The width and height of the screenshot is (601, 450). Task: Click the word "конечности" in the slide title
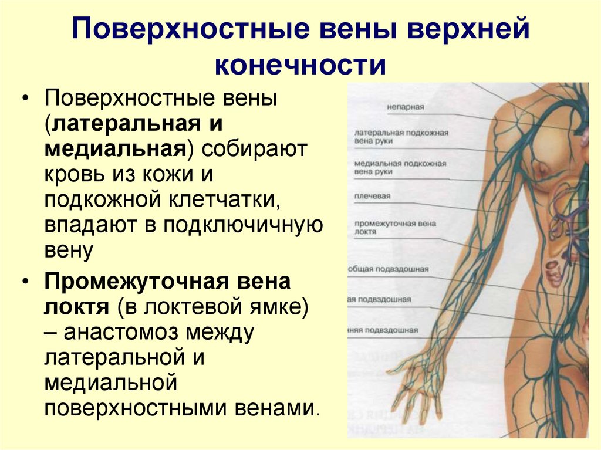[x=300, y=65]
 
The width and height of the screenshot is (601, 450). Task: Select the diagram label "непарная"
[x=405, y=107]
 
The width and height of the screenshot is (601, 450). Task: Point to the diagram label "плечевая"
[x=372, y=196]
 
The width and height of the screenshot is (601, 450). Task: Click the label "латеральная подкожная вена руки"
[x=401, y=137]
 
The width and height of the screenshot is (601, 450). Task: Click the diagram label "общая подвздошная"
[x=389, y=269]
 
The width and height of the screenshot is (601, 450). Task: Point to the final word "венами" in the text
[x=276, y=408]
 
